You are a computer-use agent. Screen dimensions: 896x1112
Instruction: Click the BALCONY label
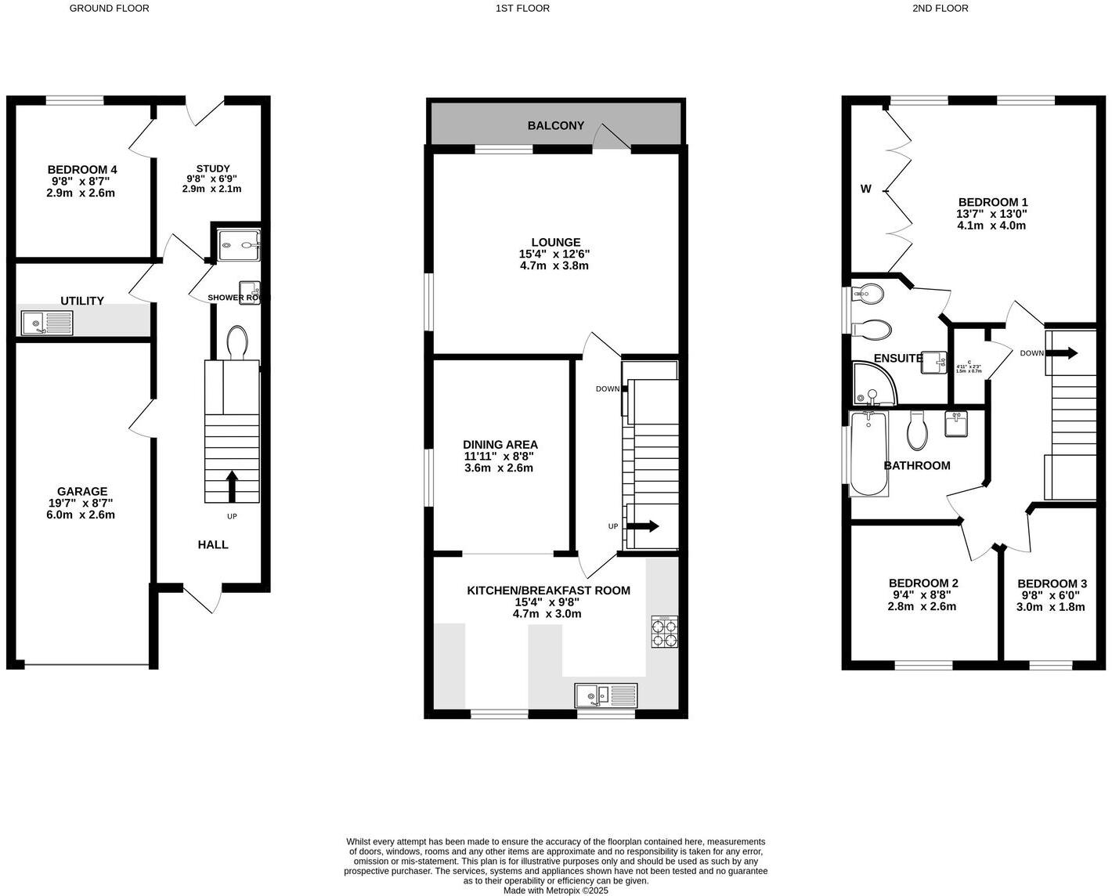click(555, 125)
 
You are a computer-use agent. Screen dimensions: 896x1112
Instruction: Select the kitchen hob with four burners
click(664, 632)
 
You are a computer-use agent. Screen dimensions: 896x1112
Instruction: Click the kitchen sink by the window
click(607, 695)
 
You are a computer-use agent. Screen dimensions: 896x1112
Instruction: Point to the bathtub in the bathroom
click(868, 453)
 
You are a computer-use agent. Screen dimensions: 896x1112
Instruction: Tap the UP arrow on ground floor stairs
click(232, 486)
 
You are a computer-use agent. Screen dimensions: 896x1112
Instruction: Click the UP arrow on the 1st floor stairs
click(642, 526)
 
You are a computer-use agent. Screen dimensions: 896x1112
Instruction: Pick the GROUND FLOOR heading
click(109, 9)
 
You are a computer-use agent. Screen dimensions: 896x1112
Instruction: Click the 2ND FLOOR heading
click(940, 9)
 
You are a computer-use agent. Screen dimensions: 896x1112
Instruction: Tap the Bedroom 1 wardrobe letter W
click(865, 189)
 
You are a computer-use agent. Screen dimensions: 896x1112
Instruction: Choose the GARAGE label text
click(82, 492)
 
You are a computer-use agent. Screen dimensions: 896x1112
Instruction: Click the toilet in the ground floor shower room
click(237, 342)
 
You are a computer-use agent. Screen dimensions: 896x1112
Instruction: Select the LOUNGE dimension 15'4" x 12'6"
click(554, 255)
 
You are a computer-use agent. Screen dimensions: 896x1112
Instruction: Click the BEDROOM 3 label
click(1051, 583)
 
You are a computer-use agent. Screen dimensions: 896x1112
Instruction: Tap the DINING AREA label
click(500, 445)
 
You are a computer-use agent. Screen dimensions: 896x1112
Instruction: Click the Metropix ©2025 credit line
click(555, 891)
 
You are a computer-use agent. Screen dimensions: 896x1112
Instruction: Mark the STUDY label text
click(212, 168)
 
